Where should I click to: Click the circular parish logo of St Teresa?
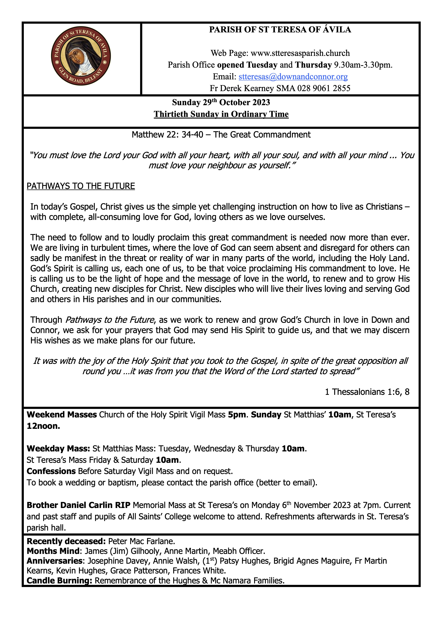tap(81, 57)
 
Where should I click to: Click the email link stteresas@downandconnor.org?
tap(293, 77)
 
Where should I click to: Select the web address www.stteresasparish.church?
tap(300, 53)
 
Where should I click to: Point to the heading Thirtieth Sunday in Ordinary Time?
tap(221, 114)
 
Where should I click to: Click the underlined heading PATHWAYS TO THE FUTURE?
tap(81, 186)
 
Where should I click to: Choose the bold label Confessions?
tap(51, 471)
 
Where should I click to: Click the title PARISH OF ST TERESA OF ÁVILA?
tap(280, 30)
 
